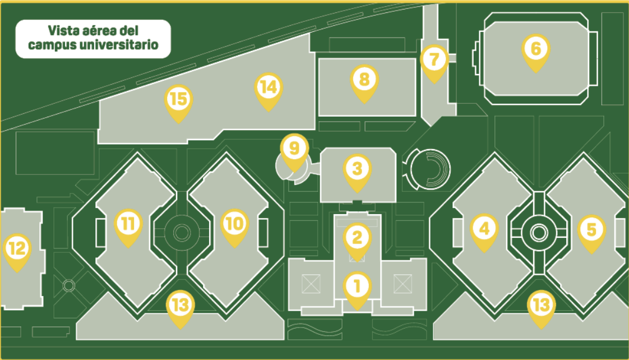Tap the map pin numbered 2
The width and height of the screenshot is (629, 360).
(x=357, y=241)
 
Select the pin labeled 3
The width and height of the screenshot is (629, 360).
(x=357, y=172)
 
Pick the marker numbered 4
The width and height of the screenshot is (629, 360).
(x=484, y=232)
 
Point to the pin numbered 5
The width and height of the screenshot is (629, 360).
(x=591, y=233)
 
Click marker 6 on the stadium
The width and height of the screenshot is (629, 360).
(x=535, y=52)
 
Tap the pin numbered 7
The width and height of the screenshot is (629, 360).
(x=434, y=63)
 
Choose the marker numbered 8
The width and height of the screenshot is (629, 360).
(x=364, y=82)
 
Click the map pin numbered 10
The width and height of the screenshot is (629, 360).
(x=235, y=227)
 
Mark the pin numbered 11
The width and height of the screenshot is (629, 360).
(x=128, y=227)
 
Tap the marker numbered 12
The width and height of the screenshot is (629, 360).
(x=17, y=252)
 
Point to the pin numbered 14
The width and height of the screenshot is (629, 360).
(x=269, y=91)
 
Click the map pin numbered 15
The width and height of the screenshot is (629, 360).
(x=178, y=103)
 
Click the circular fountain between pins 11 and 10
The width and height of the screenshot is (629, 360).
(x=182, y=232)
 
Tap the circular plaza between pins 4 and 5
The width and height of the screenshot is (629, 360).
(x=538, y=232)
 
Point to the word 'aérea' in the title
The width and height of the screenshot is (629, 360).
(x=94, y=30)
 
